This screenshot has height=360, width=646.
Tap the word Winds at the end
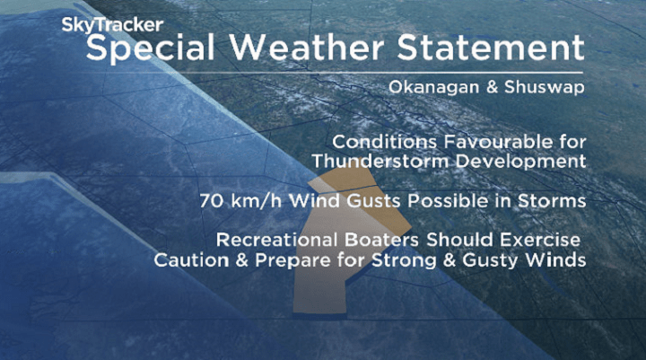(x=559, y=260)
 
